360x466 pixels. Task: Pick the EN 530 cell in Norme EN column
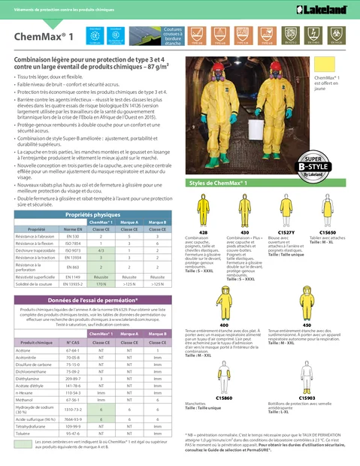(x=72, y=215)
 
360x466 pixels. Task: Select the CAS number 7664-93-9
(x=73, y=419)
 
